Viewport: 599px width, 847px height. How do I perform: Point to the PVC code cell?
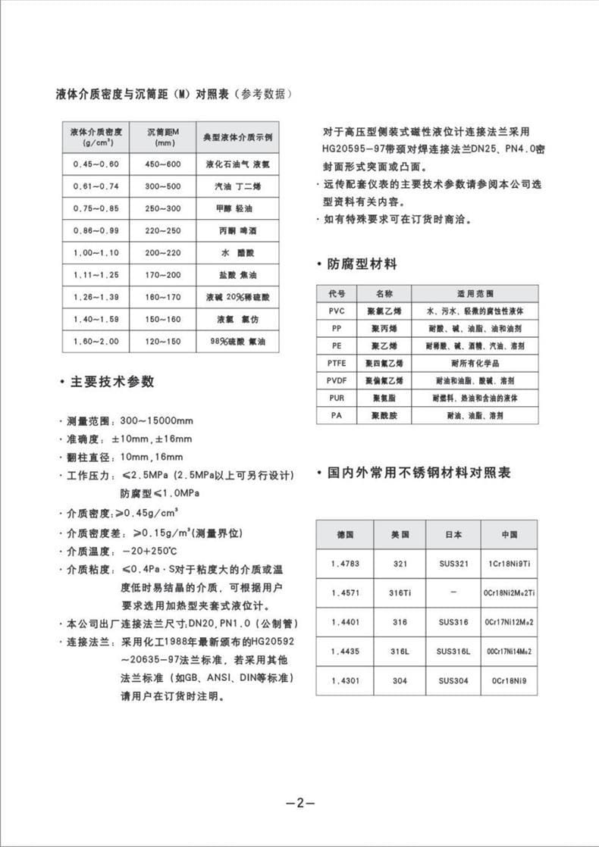337,311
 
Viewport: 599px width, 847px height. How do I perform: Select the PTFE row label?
337,363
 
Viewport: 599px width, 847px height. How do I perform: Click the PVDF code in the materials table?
337,380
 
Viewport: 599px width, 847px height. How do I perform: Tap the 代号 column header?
337,294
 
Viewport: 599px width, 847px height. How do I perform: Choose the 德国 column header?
344,534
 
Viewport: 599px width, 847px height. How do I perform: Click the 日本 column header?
453,534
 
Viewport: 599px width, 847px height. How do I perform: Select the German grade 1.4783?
344,564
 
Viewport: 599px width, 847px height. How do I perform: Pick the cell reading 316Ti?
400,592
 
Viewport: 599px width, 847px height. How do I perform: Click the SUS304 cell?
453,680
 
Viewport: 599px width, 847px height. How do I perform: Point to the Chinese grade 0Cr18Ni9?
509,680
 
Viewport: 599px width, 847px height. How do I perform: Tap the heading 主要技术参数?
111,382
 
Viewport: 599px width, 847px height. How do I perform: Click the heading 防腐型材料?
362,264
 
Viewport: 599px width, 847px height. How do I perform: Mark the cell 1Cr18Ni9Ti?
509,564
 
